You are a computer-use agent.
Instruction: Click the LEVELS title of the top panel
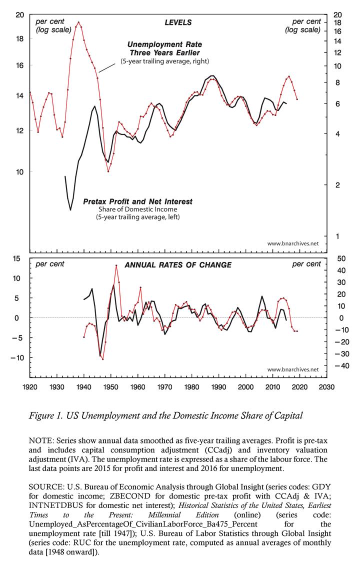pos(178,22)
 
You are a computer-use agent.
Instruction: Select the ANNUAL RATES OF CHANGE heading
pos(177,265)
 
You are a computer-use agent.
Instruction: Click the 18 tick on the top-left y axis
pos(20,39)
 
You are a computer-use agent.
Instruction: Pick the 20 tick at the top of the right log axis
pos(337,14)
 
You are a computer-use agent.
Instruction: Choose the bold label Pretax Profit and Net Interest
pos(138,201)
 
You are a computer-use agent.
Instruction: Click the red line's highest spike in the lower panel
pos(116,265)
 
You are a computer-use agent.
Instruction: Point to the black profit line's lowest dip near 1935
pos(70,209)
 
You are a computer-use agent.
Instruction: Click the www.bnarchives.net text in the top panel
pos(292,243)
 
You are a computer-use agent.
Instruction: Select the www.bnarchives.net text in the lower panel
pos(292,369)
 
